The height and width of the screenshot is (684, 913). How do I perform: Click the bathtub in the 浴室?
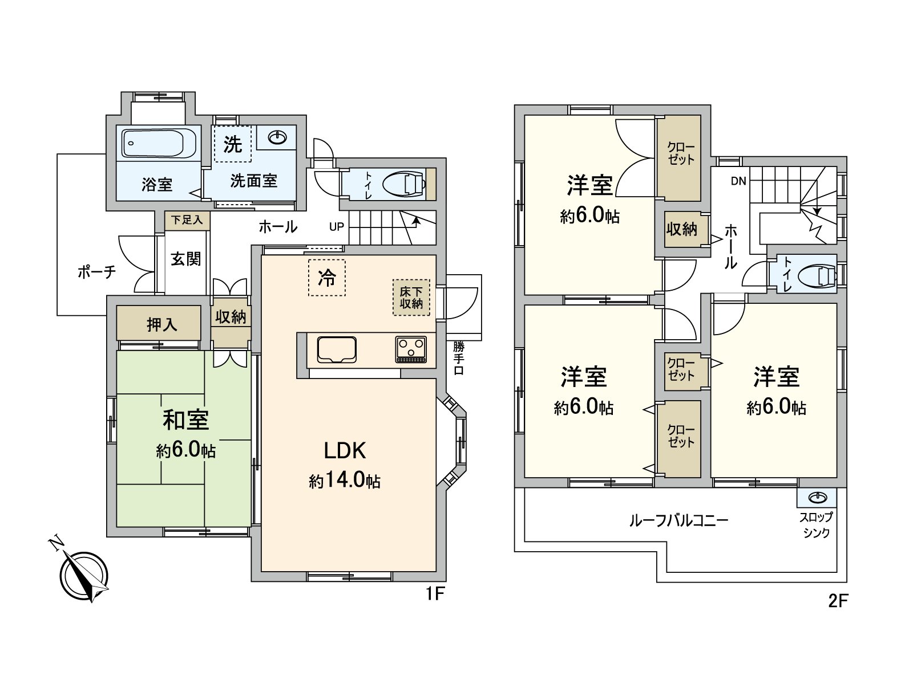point(159,144)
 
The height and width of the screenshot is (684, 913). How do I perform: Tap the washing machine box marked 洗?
point(232,144)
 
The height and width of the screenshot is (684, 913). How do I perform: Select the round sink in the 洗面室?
point(277,137)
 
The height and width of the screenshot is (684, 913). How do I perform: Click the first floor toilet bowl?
point(403,184)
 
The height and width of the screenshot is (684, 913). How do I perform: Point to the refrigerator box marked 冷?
point(327,278)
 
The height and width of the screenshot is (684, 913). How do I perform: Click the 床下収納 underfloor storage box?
point(411,297)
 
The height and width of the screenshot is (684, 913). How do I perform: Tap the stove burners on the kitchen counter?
point(411,348)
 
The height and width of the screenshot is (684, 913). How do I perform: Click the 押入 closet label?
point(161,324)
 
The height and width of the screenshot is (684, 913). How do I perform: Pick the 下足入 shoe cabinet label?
point(187,220)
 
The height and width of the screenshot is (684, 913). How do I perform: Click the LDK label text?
point(344,451)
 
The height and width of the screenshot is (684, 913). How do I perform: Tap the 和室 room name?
point(185,420)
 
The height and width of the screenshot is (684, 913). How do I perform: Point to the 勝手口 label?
point(459,358)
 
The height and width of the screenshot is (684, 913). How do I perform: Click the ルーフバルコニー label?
point(678,520)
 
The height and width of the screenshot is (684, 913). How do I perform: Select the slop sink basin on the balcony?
point(817,498)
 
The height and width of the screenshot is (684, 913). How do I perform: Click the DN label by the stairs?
point(738,182)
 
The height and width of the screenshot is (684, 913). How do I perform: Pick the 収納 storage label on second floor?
point(682,229)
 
